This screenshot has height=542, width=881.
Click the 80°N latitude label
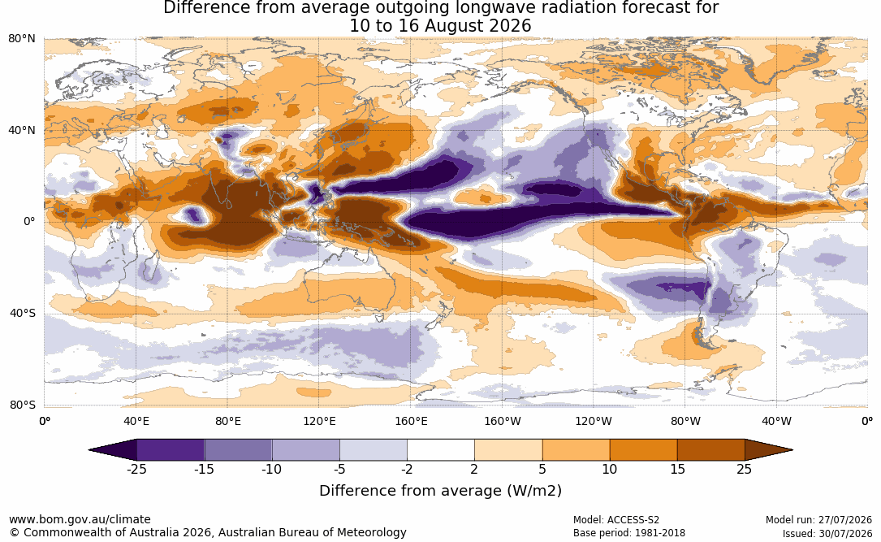click(x=21, y=38)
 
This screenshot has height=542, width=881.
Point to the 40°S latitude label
click(x=22, y=313)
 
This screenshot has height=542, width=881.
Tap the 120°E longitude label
click(x=319, y=421)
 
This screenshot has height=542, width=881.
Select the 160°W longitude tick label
click(x=503, y=421)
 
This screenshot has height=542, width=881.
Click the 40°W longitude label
click(x=776, y=421)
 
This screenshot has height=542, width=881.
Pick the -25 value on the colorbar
click(x=136, y=469)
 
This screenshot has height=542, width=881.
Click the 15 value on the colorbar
click(x=677, y=469)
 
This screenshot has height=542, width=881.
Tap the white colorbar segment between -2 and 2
click(x=441, y=450)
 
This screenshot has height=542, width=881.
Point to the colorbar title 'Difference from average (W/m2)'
click(x=440, y=490)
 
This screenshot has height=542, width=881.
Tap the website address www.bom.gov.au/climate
click(x=80, y=519)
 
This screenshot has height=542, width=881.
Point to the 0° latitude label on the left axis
click(x=29, y=222)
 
